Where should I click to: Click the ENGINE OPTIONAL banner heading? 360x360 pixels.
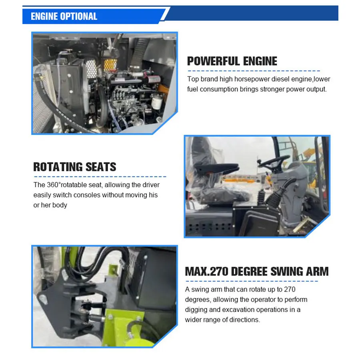[x=64, y=16]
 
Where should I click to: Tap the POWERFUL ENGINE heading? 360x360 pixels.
[x=232, y=61]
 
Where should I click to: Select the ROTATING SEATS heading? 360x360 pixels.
[x=75, y=167]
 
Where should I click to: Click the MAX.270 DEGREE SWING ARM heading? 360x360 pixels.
[x=257, y=271]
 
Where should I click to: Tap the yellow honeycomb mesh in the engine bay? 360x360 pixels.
[x=110, y=65]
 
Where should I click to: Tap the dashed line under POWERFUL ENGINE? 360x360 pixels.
[x=254, y=71]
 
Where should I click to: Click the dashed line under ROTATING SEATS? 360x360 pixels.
[x=100, y=176]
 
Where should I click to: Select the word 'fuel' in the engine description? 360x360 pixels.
[x=192, y=89]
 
